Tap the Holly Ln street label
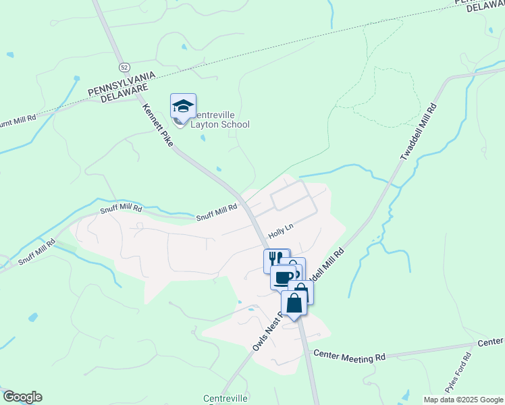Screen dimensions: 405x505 pyautogui.click(x=281, y=231)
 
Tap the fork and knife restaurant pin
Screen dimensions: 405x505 pyautogui.click(x=275, y=259)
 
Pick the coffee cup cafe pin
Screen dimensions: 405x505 pyautogui.click(x=284, y=276)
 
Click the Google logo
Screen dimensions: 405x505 pyautogui.click(x=22, y=397)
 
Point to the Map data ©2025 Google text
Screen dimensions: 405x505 pyautogui.click(x=462, y=400)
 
